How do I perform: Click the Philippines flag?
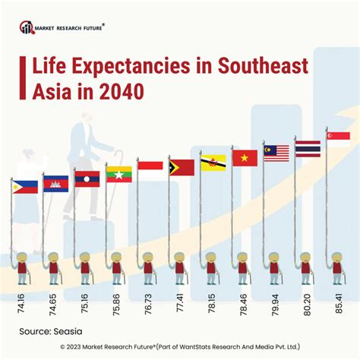pos(25,186)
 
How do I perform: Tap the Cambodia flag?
pos(56,183)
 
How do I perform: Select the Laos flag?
pos(87,179)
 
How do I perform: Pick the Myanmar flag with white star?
pos(119,174)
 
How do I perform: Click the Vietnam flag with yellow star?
pos(245,158)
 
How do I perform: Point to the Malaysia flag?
pos(276,153)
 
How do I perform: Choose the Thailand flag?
pos(308,148)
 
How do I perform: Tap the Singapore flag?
pos(338,135)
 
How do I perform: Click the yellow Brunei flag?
pos(213,162)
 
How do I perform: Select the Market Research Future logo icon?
pos(27,28)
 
